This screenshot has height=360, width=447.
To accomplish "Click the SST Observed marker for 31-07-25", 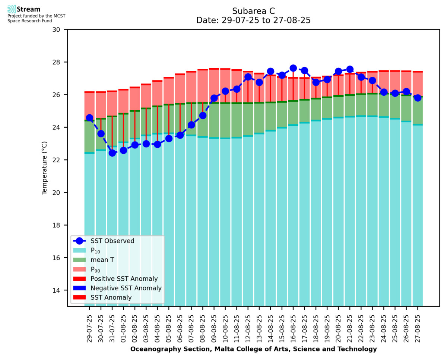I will click(112, 153).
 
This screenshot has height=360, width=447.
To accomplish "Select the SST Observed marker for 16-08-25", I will click(293, 68).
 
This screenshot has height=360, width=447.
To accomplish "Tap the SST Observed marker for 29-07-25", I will click(89, 118).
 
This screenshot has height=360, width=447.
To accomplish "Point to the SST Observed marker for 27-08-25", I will click(418, 98).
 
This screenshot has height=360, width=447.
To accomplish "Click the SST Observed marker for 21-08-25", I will click(350, 69).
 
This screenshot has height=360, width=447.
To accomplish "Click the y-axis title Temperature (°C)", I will click(45, 168).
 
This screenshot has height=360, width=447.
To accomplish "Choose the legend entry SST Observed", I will click(112, 241).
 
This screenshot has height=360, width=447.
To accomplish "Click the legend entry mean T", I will click(102, 260).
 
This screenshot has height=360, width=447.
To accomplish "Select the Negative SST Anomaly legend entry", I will click(126, 288).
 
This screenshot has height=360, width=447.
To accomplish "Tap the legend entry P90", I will click(96, 269).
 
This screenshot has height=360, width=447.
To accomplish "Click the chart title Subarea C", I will click(253, 11).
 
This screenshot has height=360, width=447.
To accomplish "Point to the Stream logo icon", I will click(12, 9).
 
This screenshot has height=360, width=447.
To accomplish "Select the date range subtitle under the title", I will click(253, 20).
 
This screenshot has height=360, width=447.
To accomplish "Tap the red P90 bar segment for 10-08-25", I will click(225, 86).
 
